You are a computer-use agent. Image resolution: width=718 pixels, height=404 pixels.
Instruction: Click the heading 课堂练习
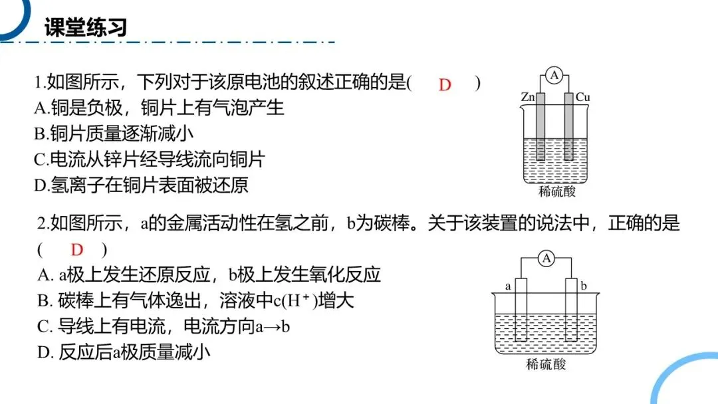[85, 27]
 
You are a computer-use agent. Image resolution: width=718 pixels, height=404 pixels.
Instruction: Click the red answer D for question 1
[445, 84]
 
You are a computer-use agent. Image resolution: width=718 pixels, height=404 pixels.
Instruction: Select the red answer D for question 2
[77, 250]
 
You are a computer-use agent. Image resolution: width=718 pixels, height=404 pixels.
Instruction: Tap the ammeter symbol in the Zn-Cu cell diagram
[554, 76]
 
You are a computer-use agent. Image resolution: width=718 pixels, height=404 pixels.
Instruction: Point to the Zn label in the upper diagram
[528, 98]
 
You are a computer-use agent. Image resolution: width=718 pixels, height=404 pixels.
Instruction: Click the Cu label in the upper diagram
[583, 98]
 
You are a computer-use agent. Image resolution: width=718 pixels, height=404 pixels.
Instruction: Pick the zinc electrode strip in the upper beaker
[540, 126]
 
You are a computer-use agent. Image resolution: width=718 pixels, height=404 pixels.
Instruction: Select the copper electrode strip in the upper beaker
[569, 126]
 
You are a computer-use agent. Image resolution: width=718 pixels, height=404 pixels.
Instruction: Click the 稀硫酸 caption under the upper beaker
[556, 192]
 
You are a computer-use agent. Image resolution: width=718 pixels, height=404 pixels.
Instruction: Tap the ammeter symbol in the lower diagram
[546, 258]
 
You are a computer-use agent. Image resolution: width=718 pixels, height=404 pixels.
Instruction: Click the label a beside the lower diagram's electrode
[507, 286]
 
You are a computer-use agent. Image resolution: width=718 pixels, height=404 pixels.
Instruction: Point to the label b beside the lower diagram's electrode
[584, 286]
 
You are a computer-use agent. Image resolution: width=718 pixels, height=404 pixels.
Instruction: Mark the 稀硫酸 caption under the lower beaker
[546, 364]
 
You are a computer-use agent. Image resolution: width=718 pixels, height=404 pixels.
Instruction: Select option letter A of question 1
[40, 107]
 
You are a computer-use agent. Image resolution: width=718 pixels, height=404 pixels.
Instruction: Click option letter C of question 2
[43, 326]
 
